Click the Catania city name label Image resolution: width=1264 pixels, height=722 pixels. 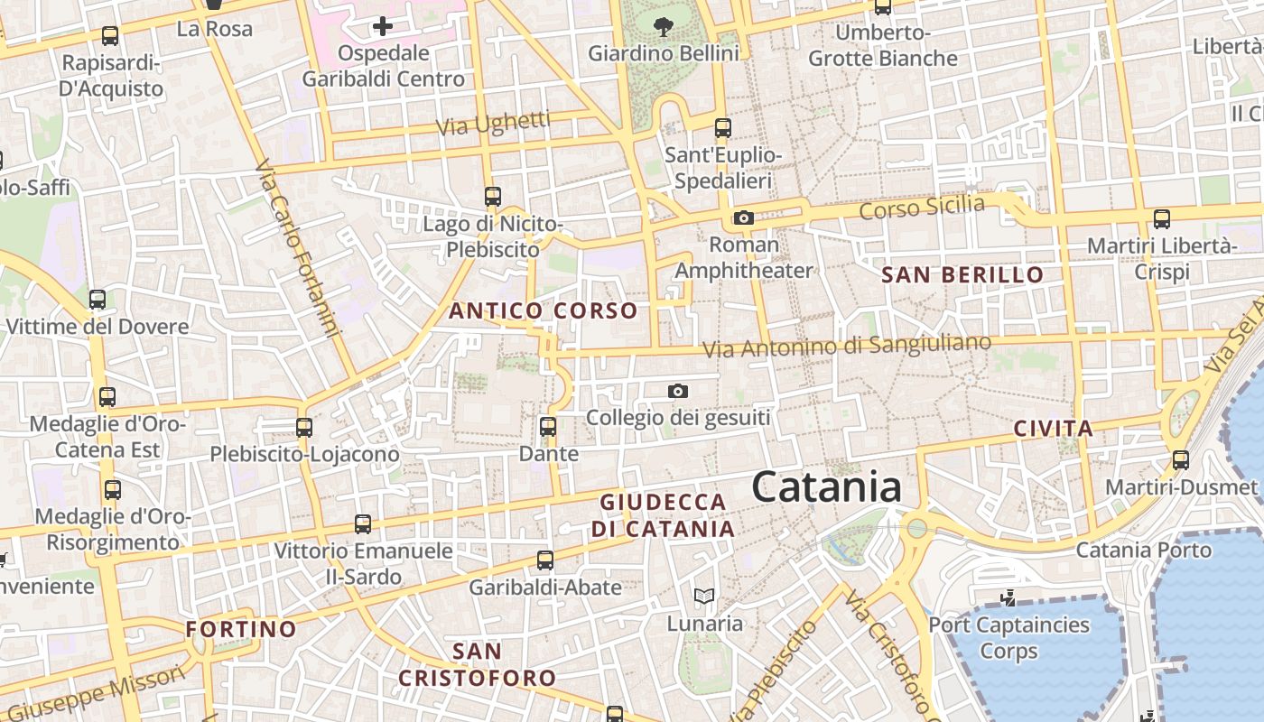click(x=826, y=487)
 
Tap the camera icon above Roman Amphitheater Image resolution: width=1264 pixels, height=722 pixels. click(x=744, y=218)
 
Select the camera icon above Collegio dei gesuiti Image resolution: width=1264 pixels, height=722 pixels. click(x=677, y=391)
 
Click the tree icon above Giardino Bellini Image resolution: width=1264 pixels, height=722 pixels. click(x=664, y=27)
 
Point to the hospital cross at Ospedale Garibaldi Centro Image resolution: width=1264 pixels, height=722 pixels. click(x=383, y=26)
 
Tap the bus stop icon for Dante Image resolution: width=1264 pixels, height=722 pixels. click(x=548, y=426)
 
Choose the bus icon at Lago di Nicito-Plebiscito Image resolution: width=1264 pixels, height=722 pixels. click(x=493, y=196)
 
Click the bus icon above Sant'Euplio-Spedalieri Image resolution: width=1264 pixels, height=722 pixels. click(x=722, y=127)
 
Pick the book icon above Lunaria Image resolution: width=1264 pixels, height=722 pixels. click(x=704, y=596)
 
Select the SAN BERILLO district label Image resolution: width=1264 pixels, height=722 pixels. click(x=962, y=275)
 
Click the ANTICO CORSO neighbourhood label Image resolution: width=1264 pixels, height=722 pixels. click(x=544, y=311)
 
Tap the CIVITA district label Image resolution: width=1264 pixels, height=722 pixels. click(x=1053, y=429)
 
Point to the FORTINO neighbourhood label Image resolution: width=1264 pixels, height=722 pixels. click(x=241, y=629)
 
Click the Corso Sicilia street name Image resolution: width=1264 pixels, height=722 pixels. click(x=922, y=208)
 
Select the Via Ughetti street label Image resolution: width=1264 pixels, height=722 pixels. click(x=493, y=124)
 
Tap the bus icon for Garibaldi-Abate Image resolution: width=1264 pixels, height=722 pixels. click(x=545, y=560)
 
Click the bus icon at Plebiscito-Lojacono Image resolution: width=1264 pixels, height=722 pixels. click(x=304, y=427)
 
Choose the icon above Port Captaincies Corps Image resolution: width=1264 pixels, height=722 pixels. click(x=1008, y=597)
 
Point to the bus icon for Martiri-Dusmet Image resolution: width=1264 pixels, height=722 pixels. click(x=1181, y=460)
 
